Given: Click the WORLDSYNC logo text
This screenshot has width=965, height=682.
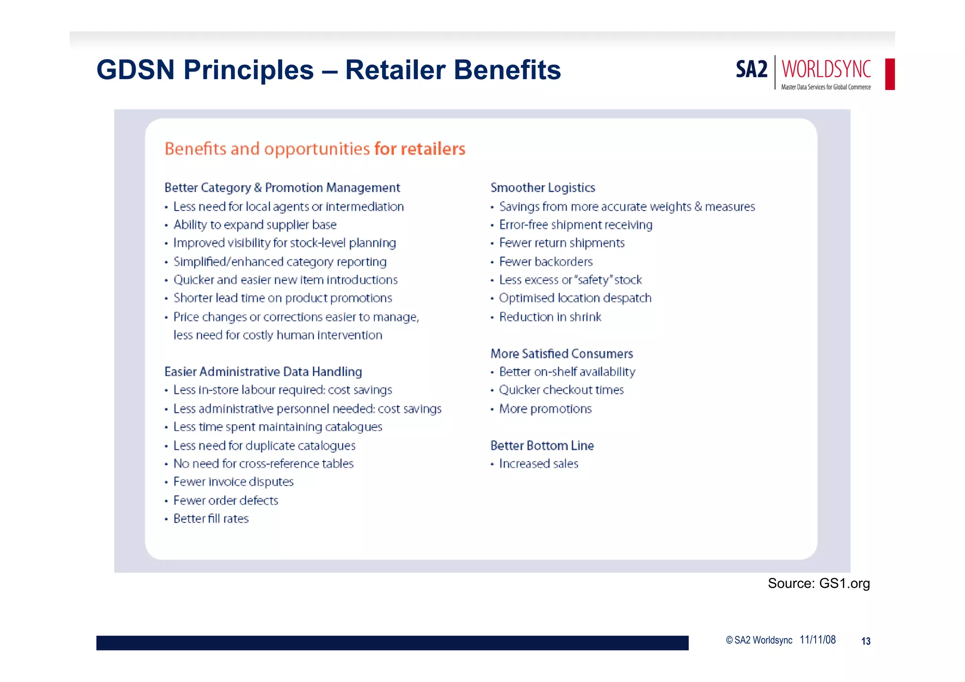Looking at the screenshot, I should [x=826, y=69].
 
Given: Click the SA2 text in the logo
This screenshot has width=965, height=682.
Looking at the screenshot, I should [x=752, y=70].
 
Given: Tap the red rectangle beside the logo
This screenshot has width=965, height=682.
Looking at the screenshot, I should [x=890, y=74].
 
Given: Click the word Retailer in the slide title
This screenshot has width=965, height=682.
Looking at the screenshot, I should [x=395, y=70].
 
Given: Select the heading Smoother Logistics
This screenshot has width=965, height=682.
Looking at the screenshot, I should [x=543, y=187].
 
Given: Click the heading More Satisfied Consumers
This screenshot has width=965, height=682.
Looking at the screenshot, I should [x=562, y=353].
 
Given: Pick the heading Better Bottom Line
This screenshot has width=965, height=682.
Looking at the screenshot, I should [x=542, y=445].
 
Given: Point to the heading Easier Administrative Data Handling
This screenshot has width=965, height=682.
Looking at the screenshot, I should [x=263, y=372].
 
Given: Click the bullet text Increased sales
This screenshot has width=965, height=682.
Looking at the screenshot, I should [x=539, y=464].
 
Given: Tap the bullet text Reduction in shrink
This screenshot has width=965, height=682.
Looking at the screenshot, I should [x=550, y=317].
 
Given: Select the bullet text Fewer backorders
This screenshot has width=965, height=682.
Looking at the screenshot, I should [x=546, y=261].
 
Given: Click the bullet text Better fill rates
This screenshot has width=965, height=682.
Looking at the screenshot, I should [x=211, y=519].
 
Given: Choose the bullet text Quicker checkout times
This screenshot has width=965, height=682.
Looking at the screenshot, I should [x=561, y=390].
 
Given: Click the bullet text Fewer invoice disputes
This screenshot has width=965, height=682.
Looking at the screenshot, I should [x=233, y=482].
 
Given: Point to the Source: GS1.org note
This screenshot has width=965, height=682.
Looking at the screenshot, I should [x=818, y=583].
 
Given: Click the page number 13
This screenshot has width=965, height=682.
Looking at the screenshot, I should [x=866, y=641].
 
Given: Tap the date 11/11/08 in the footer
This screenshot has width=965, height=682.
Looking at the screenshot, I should [x=818, y=640].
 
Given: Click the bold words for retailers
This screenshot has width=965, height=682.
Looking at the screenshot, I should [x=419, y=149].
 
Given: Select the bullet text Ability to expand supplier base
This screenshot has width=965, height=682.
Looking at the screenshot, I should [x=255, y=225].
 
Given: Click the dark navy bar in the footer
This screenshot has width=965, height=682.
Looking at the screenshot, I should [x=392, y=643].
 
